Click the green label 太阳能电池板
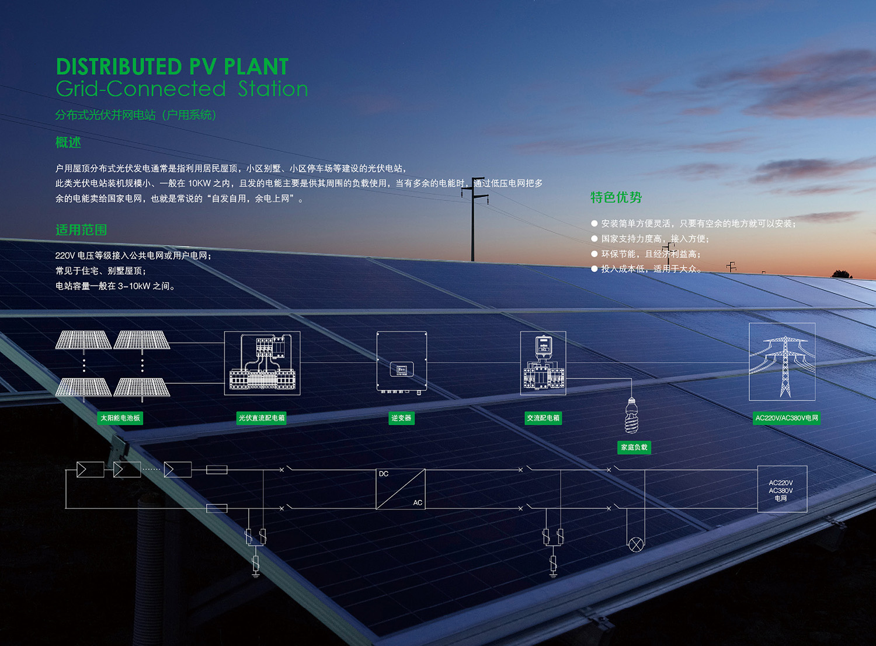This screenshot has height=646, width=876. point(120,418)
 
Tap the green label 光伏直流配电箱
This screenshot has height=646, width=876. point(262,418)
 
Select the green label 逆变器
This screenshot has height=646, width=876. point(401,418)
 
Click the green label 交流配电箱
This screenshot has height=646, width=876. point(543,418)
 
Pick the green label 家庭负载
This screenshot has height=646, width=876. point(634,447)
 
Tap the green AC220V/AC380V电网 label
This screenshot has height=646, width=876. point(787,418)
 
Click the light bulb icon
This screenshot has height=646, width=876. point(631,415)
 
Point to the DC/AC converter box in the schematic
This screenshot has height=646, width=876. point(401,489)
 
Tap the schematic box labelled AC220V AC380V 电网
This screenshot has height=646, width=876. point(782,489)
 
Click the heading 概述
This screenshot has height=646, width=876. point(68,143)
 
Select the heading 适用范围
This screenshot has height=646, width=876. point(81,230)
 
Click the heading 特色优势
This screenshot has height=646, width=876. point(616,197)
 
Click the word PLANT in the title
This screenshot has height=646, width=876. point(256,67)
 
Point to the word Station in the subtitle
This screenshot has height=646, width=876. point(273,89)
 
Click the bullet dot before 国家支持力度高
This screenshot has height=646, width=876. point(595,238)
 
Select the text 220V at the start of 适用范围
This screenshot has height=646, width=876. point(65,256)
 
